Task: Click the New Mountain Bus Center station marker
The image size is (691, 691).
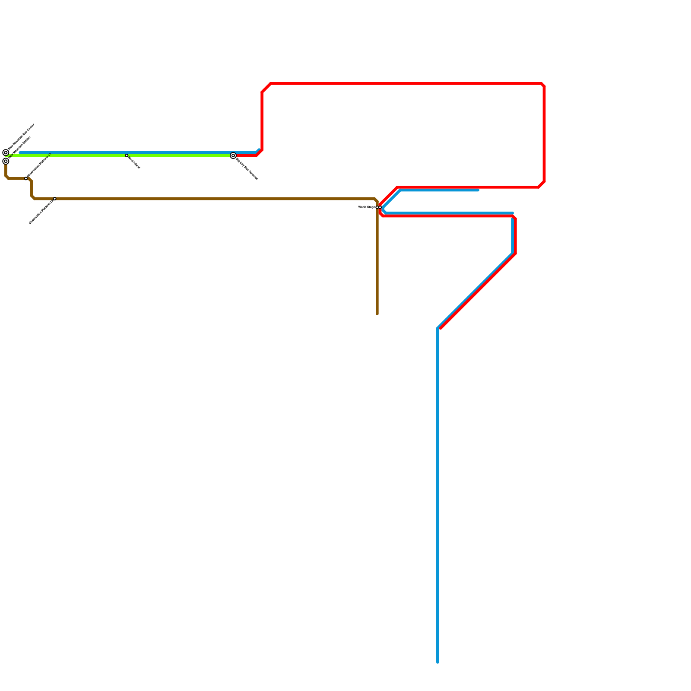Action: [x=6, y=152]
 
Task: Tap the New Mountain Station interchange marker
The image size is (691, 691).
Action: [x=6, y=161]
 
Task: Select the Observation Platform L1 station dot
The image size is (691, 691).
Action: [x=26, y=178]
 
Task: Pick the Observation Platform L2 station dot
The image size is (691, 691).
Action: [x=54, y=199]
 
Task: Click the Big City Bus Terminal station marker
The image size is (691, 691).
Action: [x=233, y=155]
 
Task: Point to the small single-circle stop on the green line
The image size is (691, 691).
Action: [x=127, y=155]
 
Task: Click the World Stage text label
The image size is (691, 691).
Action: [x=366, y=207]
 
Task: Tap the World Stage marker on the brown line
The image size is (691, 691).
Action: [x=377, y=207]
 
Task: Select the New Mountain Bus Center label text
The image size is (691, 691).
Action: [x=21, y=137]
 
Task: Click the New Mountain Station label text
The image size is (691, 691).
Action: [x=20, y=147]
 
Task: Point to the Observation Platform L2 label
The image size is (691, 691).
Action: [x=41, y=212]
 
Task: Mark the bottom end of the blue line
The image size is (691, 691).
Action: [x=438, y=662]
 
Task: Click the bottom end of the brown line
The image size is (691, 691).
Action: [x=377, y=314]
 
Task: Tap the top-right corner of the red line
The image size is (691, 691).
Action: [x=543, y=85]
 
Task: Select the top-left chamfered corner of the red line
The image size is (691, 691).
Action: [x=266, y=88]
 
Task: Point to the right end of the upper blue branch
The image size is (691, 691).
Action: [x=478, y=190]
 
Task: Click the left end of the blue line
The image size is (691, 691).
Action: [x=20, y=153]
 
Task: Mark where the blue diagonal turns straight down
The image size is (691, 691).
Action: [x=438, y=328]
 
